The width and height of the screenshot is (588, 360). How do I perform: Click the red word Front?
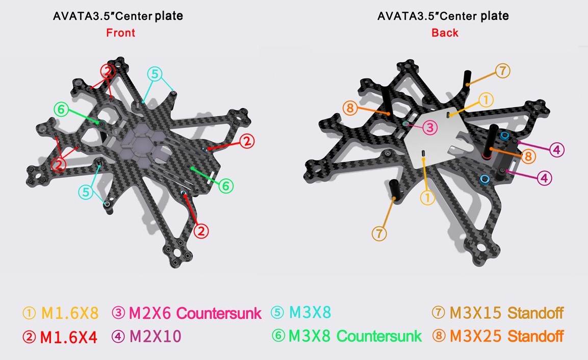click(x=120, y=33)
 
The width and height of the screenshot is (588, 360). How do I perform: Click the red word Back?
click(x=445, y=33)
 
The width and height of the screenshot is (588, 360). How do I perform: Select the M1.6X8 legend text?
click(x=70, y=313)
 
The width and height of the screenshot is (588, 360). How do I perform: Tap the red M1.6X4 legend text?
click(x=69, y=337)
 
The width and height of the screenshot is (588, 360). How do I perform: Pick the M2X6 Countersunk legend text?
click(x=195, y=313)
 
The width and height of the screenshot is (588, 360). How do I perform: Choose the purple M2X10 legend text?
click(x=155, y=337)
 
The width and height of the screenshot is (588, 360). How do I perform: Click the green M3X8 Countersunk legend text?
click(x=355, y=336)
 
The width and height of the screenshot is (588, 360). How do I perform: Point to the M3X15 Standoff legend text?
click(x=506, y=313)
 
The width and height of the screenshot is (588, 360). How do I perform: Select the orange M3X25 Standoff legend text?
click(x=506, y=336)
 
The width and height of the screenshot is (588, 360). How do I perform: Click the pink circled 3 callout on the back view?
click(x=430, y=127)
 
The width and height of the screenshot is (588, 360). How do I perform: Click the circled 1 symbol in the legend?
click(x=29, y=313)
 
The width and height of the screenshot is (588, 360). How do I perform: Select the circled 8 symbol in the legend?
click(x=439, y=336)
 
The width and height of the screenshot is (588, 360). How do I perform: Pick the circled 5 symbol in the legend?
click(x=277, y=313)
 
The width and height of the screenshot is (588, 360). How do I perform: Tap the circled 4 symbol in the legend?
click(x=118, y=337)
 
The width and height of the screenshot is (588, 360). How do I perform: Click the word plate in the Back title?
click(x=495, y=16)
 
